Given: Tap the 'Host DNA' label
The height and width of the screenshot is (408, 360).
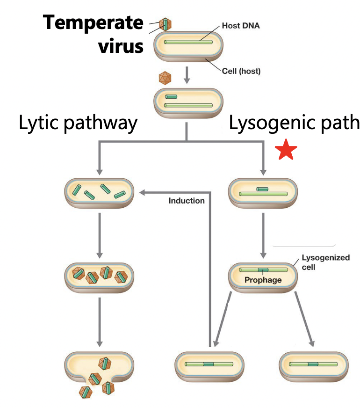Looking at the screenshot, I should tap(240, 26).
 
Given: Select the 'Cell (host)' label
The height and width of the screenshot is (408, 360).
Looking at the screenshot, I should tap(241, 72).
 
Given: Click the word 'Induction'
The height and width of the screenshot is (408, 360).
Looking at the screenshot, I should tap(187, 201).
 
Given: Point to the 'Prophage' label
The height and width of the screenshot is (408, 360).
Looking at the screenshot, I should tap(263, 280).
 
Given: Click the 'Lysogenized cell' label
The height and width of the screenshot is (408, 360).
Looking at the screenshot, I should tap(319, 262).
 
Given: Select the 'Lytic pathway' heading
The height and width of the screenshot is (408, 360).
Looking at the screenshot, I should tap(78, 123).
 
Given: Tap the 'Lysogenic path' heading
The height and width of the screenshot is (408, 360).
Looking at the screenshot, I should tap(294, 123).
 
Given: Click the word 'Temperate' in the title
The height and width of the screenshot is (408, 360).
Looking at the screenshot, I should tap(94, 22).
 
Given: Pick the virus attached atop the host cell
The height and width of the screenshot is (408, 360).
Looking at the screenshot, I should tap(165, 24).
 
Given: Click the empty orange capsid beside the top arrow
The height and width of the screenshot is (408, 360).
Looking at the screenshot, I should tap(165, 78).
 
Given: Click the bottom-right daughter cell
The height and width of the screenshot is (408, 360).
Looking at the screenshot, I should tap(313, 364).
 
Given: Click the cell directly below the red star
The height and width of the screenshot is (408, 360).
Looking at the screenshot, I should tap(263, 192).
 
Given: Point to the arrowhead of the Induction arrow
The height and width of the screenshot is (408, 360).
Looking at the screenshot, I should tap(143, 192).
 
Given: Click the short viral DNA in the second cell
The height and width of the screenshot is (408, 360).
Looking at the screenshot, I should tap(171, 97).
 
